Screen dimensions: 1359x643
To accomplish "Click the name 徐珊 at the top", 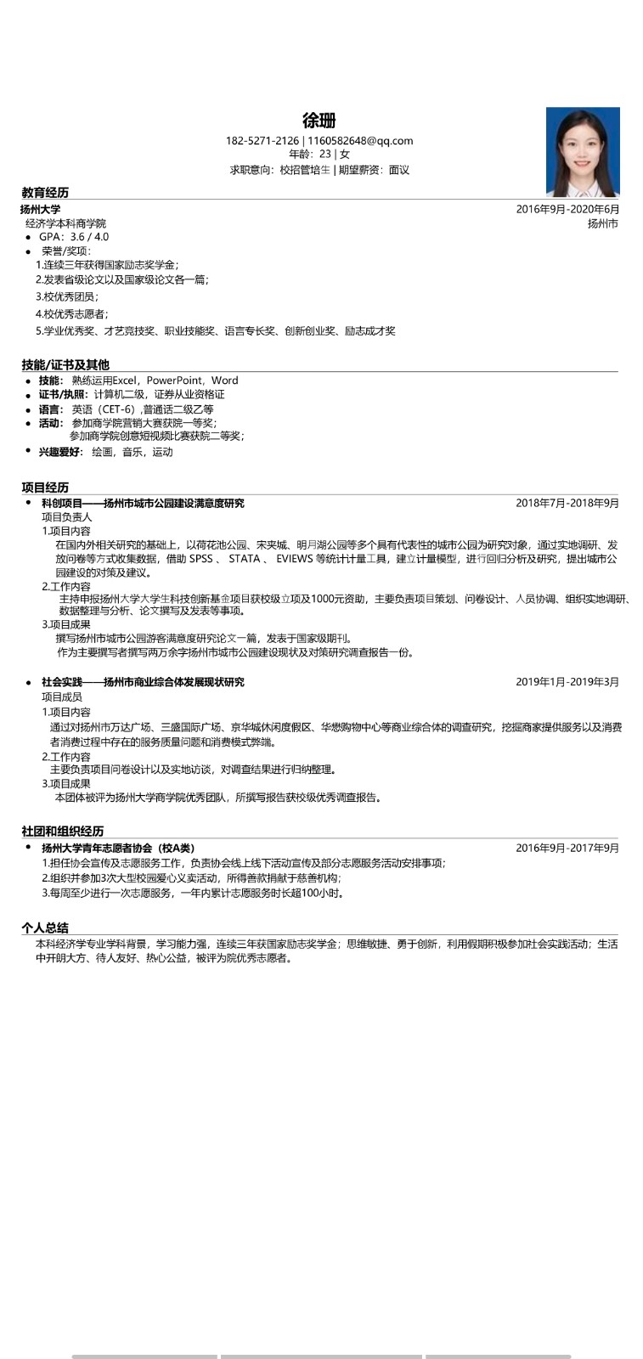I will tap(319, 121).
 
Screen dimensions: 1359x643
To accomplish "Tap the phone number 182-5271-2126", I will tap(262, 141).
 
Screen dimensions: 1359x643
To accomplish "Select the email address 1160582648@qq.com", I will tap(360, 141).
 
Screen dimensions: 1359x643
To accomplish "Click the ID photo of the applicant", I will tap(583, 152).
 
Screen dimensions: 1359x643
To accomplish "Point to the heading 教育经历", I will tap(45, 193).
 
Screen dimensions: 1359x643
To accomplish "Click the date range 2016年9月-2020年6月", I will tap(567, 209).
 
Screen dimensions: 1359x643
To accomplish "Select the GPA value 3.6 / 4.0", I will tap(89, 237).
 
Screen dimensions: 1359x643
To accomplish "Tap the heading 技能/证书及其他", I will tap(65, 364).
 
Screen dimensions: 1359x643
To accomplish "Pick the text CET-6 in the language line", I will tap(116, 409).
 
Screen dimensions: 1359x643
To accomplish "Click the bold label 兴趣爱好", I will tap(60, 452).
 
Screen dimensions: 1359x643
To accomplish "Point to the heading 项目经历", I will tap(45, 487).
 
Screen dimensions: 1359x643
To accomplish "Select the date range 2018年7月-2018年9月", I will tap(567, 503).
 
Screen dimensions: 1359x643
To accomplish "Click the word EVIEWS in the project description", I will tap(294, 559).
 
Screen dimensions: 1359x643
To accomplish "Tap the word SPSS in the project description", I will tap(200, 559).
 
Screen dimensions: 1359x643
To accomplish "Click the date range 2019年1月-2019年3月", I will tap(567, 681).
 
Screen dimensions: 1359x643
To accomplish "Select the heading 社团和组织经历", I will tap(63, 831).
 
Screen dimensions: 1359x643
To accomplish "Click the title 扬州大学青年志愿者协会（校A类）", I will tap(118, 848).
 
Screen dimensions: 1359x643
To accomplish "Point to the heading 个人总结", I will tap(45, 928).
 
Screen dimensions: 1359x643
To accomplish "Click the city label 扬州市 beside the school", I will tap(602, 223).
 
